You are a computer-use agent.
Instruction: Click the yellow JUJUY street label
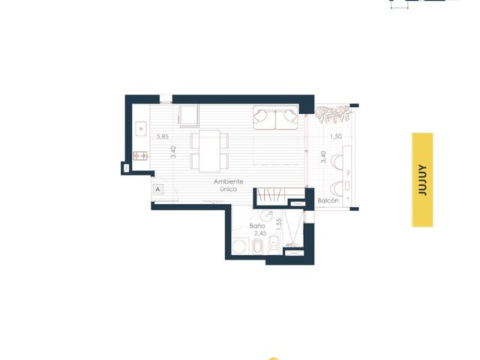[x=422, y=180]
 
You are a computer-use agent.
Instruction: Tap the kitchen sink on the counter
[x=141, y=129]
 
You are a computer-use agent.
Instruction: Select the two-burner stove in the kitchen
[x=140, y=156]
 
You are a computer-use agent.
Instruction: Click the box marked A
[x=158, y=190]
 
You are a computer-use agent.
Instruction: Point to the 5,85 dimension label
[x=163, y=136]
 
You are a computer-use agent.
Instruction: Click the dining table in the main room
[x=209, y=151]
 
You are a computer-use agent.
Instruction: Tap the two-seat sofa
[x=276, y=118]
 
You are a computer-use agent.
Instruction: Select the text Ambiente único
[x=228, y=185]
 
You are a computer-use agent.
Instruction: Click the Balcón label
[x=328, y=201]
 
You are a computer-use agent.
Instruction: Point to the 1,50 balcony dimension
[x=335, y=136]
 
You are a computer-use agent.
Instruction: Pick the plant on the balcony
[x=333, y=114]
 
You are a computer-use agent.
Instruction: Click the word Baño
[x=257, y=226]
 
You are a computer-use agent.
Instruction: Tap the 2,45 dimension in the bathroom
[x=260, y=233]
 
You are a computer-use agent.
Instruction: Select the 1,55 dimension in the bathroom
[x=278, y=224]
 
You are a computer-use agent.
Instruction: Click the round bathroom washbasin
[x=267, y=215]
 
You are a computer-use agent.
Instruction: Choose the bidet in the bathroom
[x=257, y=247]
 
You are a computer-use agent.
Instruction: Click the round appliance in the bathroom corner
[x=239, y=247]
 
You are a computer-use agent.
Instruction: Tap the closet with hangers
[x=271, y=195]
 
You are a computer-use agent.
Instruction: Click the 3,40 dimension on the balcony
[x=323, y=157]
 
